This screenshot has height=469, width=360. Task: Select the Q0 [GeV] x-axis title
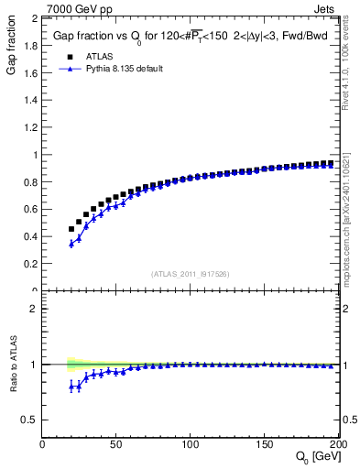316,457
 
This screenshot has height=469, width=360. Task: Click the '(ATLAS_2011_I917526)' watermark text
191,274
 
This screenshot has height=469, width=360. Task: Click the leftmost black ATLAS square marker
71,229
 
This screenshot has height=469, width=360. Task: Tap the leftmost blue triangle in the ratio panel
71,387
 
